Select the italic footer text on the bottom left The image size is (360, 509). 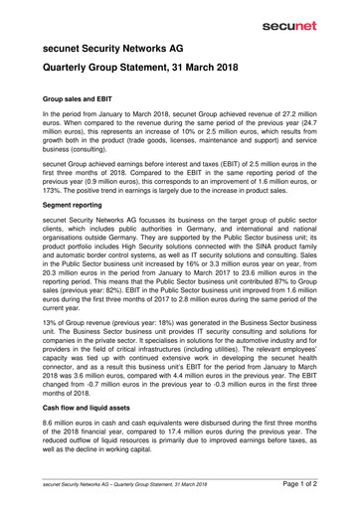123,484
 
